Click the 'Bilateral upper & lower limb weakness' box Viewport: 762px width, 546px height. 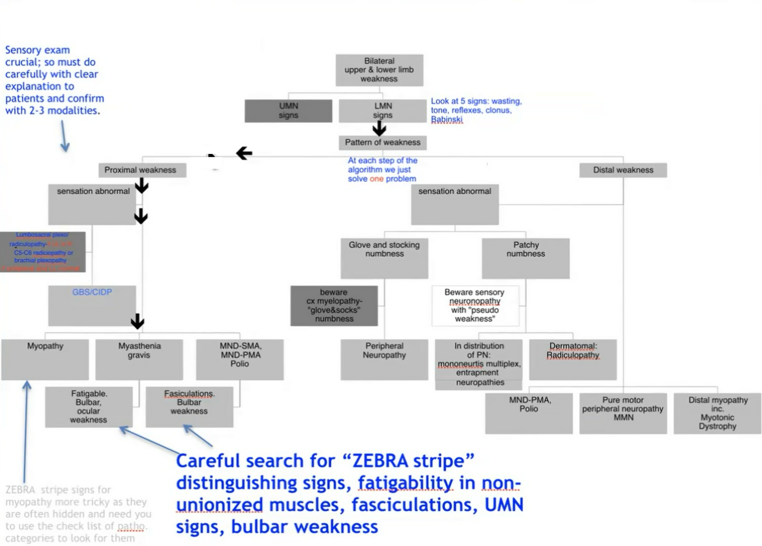coord(379,70)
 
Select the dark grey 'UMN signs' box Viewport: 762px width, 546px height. coord(288,111)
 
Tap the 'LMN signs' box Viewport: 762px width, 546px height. coord(383,111)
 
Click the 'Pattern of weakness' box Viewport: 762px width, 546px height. coord(382,143)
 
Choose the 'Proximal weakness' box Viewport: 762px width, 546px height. coord(141,170)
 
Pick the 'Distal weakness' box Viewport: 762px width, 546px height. coord(623,170)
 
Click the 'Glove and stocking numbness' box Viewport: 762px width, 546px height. coord(384,258)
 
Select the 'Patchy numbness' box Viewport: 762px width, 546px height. coord(526,258)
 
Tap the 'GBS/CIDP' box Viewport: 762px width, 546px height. coord(92,305)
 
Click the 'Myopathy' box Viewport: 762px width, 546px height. coord(45,359)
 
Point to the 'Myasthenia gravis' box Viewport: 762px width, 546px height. coord(139,359)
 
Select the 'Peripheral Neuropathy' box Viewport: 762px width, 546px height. coord(384,359)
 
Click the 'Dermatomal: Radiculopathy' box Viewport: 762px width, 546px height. coord(573,359)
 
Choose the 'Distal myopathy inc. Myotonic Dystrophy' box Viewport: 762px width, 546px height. coord(717,413)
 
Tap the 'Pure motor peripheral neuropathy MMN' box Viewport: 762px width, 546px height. coord(623,413)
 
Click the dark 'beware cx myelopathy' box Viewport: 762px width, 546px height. coord(334,306)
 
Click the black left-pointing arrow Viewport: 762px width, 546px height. coord(244,153)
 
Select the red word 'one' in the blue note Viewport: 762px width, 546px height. coord(376,179)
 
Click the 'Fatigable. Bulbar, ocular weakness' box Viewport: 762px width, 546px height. coord(89,407)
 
